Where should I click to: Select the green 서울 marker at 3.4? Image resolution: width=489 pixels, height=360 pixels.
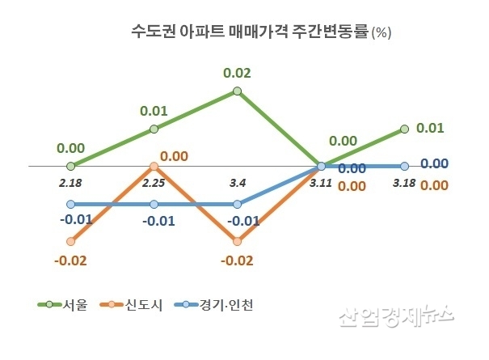tap(238, 91)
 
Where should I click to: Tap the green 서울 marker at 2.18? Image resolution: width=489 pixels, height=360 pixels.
tap(71, 166)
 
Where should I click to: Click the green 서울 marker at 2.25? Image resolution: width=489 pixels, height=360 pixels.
tap(154, 129)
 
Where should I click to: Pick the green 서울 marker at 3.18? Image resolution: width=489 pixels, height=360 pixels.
tap(405, 129)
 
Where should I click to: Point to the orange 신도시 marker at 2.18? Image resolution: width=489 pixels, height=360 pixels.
tap(71, 241)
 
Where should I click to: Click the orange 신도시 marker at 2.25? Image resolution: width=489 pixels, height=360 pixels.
tap(154, 167)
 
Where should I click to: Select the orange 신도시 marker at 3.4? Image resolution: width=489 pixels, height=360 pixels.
tap(238, 241)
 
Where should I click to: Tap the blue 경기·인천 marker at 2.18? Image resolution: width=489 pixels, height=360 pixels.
tap(71, 204)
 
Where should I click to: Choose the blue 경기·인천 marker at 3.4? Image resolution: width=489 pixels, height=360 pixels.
tap(238, 204)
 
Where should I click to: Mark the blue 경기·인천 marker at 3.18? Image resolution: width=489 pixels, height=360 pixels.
tap(405, 167)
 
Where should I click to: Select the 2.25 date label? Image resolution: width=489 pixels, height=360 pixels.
tap(154, 184)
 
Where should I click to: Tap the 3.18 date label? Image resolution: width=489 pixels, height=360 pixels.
tap(404, 184)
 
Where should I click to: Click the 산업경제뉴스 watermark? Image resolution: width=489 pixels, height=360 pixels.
tap(396, 316)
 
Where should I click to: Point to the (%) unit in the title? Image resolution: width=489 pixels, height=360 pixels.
tap(381, 34)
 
